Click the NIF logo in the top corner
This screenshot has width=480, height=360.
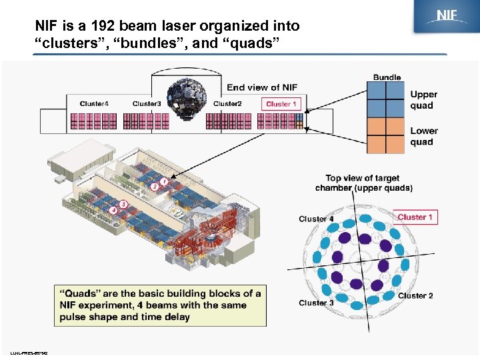tap(446, 17)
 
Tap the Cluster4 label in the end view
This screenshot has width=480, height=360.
tap(94, 103)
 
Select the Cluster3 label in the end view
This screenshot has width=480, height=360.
tap(147, 103)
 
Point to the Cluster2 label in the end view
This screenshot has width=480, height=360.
tap(227, 103)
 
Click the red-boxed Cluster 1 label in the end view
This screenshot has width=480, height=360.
tap(281, 104)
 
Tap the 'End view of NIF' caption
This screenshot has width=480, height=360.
tap(262, 87)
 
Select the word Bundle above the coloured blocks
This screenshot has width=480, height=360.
tap(387, 77)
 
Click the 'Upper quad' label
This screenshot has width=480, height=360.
tap(423, 100)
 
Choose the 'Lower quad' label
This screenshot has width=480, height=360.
tap(424, 136)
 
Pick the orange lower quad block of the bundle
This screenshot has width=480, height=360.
tap(385, 135)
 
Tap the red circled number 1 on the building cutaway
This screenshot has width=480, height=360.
tap(163, 181)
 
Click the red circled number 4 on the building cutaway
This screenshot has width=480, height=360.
tap(114, 210)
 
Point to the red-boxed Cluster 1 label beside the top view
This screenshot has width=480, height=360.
tap(415, 217)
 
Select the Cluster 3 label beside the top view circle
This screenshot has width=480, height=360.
tap(316, 303)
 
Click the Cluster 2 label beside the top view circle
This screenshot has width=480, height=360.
tap(415, 295)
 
